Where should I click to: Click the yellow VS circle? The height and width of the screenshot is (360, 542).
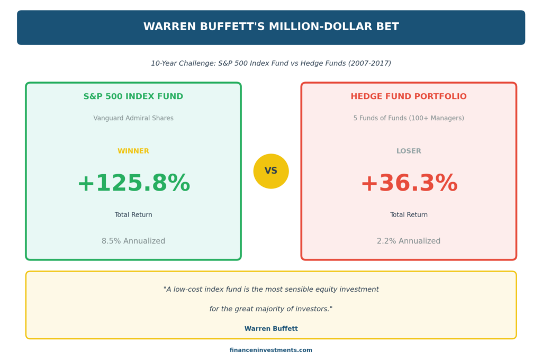271,171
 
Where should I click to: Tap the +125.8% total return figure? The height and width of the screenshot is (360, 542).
133,183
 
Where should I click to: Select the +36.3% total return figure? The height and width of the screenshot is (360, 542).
409,183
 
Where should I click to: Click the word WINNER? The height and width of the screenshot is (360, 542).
133,151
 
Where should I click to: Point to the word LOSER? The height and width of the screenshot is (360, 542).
409,151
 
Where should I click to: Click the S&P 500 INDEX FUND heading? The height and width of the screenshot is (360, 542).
133,96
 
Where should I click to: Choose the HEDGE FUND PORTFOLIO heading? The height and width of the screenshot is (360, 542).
409,96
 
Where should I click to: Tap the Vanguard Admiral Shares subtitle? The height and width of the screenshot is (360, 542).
133,118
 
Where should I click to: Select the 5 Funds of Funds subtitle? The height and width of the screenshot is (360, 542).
409,118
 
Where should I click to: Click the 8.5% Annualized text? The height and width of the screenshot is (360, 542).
133,241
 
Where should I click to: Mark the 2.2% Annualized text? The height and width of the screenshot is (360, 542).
409,241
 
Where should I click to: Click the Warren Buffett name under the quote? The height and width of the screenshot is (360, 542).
271,329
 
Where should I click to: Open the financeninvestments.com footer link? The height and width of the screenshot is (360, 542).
271,350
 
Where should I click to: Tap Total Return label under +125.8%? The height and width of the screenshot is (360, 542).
133,215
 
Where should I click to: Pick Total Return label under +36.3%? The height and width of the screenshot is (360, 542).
409,215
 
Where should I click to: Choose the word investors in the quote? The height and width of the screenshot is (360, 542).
312,309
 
